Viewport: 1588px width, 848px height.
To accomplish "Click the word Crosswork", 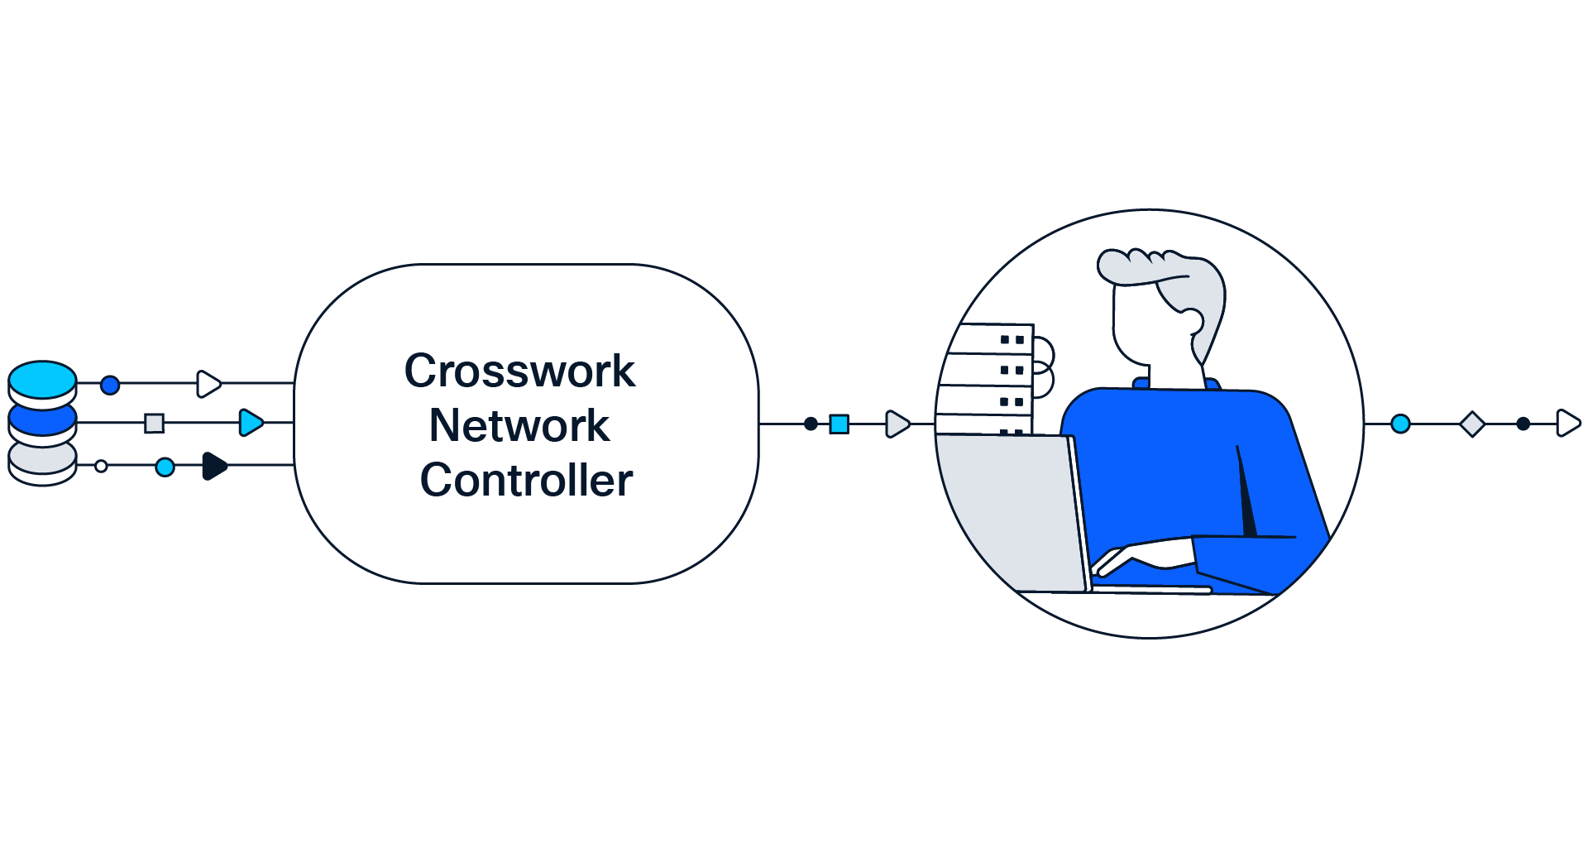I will point(519,371).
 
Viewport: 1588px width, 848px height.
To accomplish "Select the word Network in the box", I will point(519,425).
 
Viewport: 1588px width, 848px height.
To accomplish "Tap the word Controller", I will point(526,480).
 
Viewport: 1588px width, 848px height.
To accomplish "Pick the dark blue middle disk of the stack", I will point(42,419).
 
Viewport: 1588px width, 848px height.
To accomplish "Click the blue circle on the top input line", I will point(110,385).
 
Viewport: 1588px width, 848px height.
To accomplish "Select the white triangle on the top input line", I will point(208,384).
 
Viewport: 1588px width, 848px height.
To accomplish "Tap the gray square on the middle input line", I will point(154,424).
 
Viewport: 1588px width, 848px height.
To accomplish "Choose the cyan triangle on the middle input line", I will point(250,423).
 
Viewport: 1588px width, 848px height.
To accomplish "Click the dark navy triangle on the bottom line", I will point(214,466).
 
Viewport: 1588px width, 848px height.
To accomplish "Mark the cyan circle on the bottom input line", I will point(165,467).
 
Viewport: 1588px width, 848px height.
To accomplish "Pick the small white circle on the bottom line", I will point(101,467).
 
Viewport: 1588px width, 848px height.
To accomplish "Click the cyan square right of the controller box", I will point(839,424).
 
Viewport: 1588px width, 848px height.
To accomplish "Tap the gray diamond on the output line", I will point(1472,424).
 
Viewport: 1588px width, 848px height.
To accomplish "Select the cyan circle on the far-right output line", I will point(1400,424).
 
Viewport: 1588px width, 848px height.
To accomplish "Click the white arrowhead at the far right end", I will point(1567,424).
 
